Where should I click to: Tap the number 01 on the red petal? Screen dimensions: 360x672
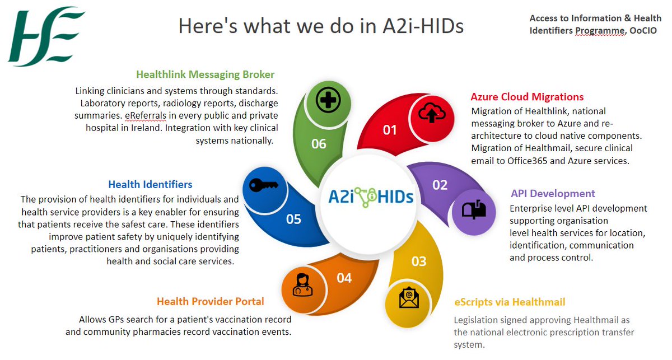tap(390, 130)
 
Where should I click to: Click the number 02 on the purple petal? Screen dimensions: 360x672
tap(440, 185)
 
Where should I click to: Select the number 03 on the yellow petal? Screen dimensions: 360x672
tap(419, 261)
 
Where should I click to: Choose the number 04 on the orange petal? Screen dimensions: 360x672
tap(344, 278)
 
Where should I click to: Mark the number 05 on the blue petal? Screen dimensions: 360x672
tap(293, 219)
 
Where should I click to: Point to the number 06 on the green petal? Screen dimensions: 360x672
tap(319, 144)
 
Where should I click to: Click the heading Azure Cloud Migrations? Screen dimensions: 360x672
tap(527, 97)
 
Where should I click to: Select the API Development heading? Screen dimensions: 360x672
tap(553, 194)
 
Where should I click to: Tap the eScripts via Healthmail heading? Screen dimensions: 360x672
tap(509, 302)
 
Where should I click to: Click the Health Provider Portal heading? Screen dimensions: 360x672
tap(210, 301)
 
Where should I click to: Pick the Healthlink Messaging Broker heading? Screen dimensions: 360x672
tap(205, 74)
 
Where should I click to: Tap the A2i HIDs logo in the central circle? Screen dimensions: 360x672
tap(369, 197)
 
